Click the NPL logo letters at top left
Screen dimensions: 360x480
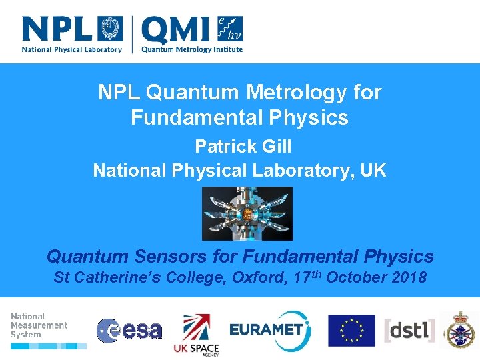(x=59, y=30)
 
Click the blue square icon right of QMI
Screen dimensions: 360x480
(x=230, y=29)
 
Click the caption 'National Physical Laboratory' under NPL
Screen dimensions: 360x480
(x=72, y=49)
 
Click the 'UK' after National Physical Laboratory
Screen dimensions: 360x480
(x=373, y=170)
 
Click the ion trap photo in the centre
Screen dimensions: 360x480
(x=247, y=213)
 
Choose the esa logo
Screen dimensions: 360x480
(x=129, y=330)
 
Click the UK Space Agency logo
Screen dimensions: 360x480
(x=196, y=333)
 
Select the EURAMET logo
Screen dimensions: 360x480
(x=269, y=329)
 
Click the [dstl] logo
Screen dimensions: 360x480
(x=410, y=330)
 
